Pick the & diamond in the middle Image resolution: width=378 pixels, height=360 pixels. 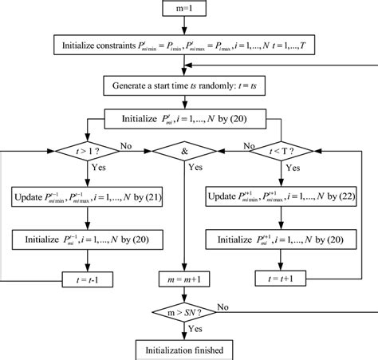click(184, 149)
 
